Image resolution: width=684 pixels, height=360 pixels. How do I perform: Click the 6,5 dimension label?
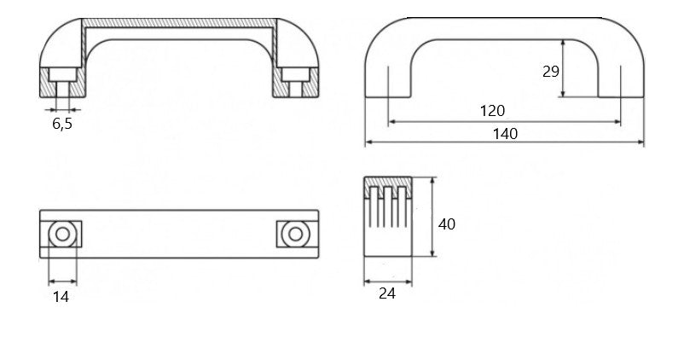pos(62,124)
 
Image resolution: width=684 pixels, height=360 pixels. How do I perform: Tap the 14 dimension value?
pos(61,297)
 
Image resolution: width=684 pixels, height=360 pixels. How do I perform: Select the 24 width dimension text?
pos(387,293)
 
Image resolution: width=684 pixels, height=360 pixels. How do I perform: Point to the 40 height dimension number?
pos(446,224)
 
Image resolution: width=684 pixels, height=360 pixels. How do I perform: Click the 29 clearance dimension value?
pos(550,71)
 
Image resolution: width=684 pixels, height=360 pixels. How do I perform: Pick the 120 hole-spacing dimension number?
pos(492,111)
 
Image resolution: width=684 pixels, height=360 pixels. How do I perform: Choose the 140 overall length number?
pos(505,134)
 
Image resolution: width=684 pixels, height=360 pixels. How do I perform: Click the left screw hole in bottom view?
pos(62,235)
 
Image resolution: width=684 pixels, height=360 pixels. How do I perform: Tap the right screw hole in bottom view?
pos(296,235)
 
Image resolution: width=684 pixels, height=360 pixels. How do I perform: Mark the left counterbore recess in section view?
pos(62,74)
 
